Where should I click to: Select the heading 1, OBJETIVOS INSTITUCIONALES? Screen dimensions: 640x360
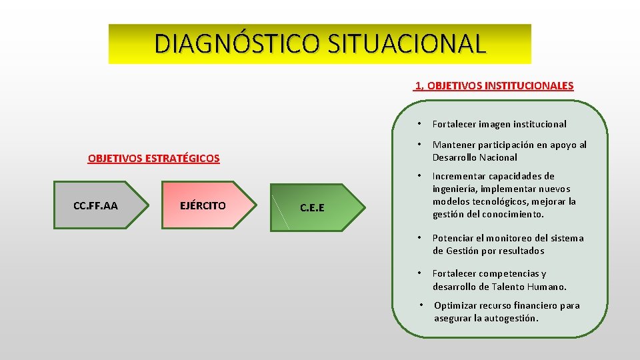(x=493, y=86)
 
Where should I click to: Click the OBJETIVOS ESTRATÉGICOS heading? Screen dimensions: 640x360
(x=153, y=159)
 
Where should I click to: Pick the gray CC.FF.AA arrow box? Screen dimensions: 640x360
(x=95, y=205)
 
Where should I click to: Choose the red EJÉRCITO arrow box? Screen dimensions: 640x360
(x=203, y=205)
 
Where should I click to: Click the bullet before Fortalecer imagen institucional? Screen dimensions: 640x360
(x=419, y=124)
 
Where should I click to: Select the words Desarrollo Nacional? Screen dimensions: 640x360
(x=475, y=158)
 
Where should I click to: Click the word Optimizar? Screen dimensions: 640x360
(x=455, y=306)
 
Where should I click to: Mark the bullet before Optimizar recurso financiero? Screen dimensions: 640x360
(x=422, y=305)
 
